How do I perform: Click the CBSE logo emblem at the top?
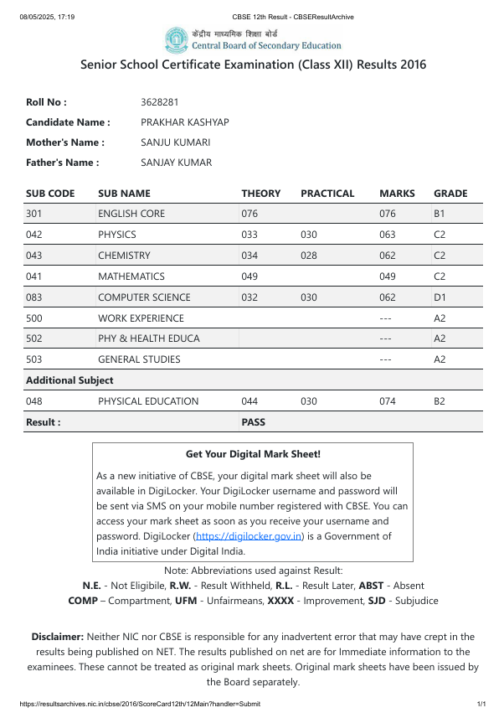click(x=177, y=39)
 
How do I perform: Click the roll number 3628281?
click(x=160, y=102)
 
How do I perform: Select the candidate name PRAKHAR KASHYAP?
click(x=185, y=122)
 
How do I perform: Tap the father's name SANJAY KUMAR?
click(x=177, y=163)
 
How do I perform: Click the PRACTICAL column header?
click(x=327, y=194)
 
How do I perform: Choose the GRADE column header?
click(x=450, y=194)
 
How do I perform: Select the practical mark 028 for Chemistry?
click(x=309, y=256)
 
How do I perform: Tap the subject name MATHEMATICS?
click(x=131, y=276)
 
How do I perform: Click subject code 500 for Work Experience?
click(x=33, y=318)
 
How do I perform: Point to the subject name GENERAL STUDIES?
click(x=139, y=359)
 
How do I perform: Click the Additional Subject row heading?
click(x=69, y=380)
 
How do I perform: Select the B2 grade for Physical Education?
click(x=440, y=401)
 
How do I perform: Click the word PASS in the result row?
click(x=253, y=422)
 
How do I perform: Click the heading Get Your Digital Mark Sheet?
click(x=253, y=454)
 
